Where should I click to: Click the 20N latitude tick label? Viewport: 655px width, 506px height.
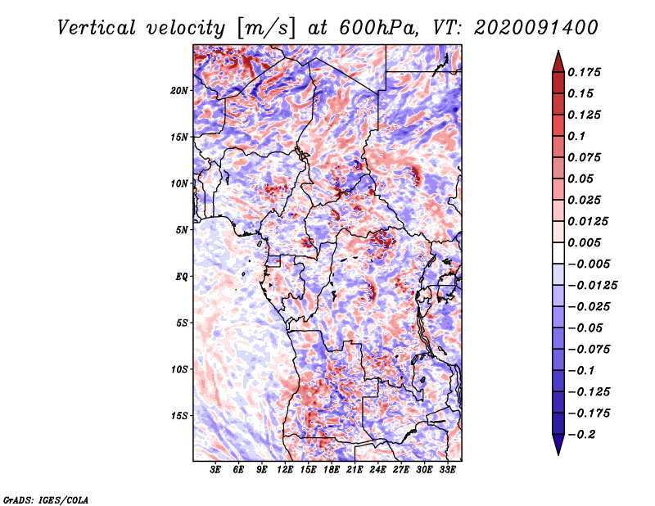click(179, 90)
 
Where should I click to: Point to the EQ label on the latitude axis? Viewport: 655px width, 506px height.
click(181, 277)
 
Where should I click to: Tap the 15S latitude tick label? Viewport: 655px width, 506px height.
click(179, 416)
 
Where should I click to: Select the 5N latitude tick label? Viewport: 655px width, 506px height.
click(182, 230)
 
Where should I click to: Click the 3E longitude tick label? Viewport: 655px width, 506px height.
click(216, 470)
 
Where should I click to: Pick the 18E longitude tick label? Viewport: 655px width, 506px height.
click(332, 470)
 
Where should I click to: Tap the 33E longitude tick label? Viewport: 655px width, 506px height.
click(447, 470)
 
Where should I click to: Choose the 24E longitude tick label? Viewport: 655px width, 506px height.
click(377, 470)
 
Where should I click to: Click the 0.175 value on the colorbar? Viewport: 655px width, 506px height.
click(586, 72)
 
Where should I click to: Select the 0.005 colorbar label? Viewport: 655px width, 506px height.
click(586, 242)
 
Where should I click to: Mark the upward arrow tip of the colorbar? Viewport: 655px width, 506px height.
click(558, 53)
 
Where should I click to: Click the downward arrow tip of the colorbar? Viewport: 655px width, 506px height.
click(558, 452)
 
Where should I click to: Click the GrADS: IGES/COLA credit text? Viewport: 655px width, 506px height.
click(45, 499)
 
